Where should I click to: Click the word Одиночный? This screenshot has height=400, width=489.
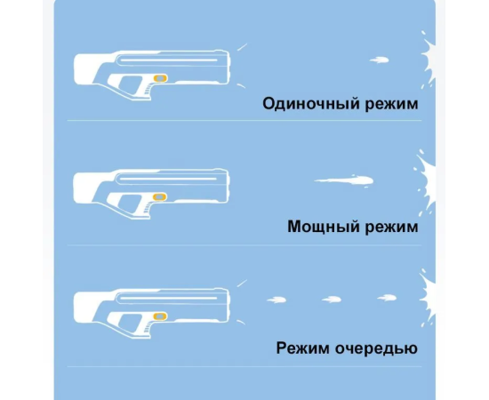click(311, 103)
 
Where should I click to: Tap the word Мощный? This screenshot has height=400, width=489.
click(324, 227)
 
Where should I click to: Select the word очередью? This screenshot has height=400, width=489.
click(376, 348)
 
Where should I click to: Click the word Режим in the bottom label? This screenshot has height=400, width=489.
click(302, 348)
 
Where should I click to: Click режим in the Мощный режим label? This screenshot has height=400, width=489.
click(392, 228)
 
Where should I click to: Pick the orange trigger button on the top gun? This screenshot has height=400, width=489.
click(160, 78)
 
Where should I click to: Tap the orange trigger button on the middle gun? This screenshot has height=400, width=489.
click(159, 197)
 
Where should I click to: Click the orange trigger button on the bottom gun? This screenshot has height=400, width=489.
click(160, 316)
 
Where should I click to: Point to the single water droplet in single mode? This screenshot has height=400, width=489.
click(380, 60)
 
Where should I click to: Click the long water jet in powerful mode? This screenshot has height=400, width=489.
click(344, 180)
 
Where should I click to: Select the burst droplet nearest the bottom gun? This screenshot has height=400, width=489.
click(277, 300)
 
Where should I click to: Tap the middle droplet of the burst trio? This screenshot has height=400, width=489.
click(332, 300)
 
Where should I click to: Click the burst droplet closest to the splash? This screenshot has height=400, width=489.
click(387, 298)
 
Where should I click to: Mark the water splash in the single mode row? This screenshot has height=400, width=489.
click(429, 60)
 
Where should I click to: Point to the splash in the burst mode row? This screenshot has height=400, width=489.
click(428, 296)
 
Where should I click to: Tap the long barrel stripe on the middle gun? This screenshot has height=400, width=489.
click(168, 179)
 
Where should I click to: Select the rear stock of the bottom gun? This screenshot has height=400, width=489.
click(85, 307)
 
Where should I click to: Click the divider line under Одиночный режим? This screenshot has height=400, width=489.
click(244, 120)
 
